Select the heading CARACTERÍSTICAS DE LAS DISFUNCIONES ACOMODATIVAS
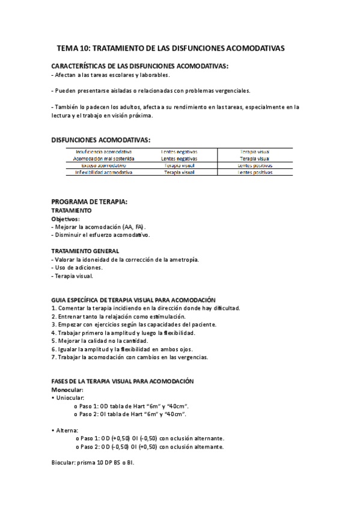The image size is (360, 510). (140, 66)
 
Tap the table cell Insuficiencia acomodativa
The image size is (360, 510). (104, 152)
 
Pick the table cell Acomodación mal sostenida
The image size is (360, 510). (104, 158)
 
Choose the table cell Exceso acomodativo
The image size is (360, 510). (104, 165)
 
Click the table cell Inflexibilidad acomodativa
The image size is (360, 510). (104, 172)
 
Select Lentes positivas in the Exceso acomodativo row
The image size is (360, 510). (255, 165)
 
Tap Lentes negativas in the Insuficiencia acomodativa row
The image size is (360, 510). (180, 152)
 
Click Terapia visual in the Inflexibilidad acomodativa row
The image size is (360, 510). (180, 172)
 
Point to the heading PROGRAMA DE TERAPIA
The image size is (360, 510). (90, 202)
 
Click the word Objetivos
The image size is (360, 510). (65, 219)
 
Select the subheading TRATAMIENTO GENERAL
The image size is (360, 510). (85, 251)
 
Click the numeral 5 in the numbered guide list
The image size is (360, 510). (54, 341)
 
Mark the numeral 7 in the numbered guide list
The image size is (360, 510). (54, 357)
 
